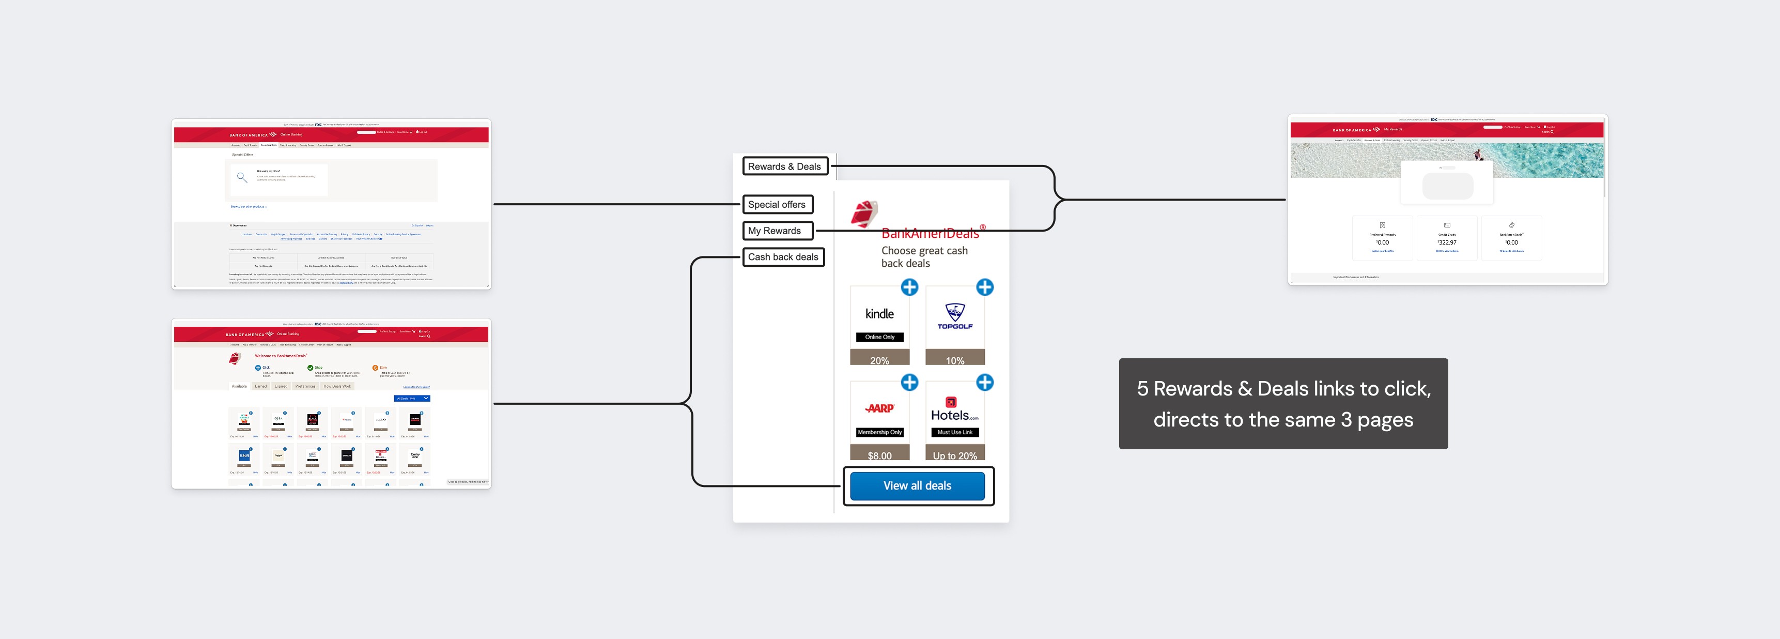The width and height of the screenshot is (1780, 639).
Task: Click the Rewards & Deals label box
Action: coord(784,166)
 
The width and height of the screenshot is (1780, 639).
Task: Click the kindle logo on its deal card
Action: coord(879,314)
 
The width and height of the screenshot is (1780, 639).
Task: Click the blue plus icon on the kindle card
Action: coord(909,287)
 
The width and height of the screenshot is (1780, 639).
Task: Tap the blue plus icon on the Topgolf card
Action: coord(985,287)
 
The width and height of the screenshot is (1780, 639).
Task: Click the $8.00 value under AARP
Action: coord(879,455)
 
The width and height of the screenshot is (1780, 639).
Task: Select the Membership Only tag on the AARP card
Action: coord(879,433)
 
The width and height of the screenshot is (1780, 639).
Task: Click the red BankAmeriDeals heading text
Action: coord(930,234)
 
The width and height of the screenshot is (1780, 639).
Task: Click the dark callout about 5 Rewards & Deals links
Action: coord(1283,404)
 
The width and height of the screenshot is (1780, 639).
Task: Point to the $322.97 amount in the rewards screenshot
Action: coord(1447,243)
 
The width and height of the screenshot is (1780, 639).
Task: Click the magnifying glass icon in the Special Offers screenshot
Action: coord(242,178)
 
